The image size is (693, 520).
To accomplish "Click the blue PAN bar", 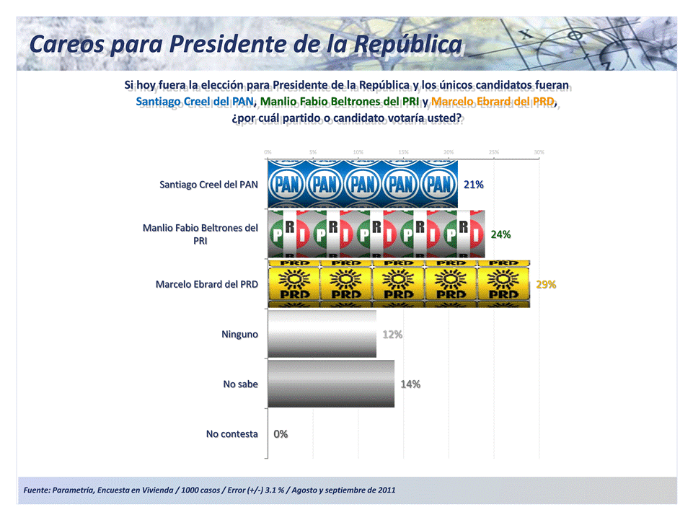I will point(363,184).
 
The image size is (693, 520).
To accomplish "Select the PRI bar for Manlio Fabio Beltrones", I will point(376,234).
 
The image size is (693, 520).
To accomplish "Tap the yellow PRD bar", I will point(399,284).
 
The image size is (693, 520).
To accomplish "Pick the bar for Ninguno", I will point(322,334).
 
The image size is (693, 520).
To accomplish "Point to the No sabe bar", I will point(331,384).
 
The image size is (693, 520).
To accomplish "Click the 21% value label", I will point(473,185).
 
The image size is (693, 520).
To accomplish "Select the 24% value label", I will point(500,234).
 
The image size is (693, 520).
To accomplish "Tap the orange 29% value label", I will point(546,285).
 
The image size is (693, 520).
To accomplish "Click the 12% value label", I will point(392,335).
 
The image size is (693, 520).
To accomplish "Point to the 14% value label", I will point(410,384).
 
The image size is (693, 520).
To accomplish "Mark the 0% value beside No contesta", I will point(281,434).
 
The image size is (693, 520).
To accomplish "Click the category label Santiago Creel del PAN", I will point(208,185).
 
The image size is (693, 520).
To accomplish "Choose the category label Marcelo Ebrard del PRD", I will point(206,284).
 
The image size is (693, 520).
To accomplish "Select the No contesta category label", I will point(231,434).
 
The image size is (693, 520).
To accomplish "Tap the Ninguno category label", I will point(239,335).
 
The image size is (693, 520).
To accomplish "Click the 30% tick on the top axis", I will point(539,152).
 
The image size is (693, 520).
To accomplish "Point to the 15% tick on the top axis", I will point(403,152).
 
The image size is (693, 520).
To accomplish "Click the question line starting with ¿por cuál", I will point(346,118).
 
